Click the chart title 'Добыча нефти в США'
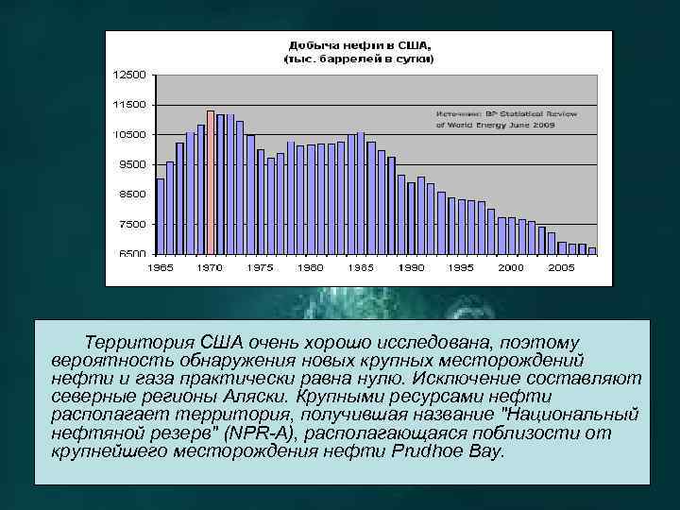click(x=358, y=45)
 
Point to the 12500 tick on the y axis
click(x=129, y=75)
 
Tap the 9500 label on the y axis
click(x=131, y=164)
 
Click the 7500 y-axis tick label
click(x=131, y=225)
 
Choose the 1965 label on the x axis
click(x=161, y=268)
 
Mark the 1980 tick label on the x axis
click(x=311, y=268)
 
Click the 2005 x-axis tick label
click(x=562, y=268)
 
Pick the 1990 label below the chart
click(x=411, y=268)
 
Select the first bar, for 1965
click(x=161, y=216)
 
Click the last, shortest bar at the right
click(x=592, y=250)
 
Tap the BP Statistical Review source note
click(x=505, y=118)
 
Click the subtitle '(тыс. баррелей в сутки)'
click(x=359, y=59)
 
